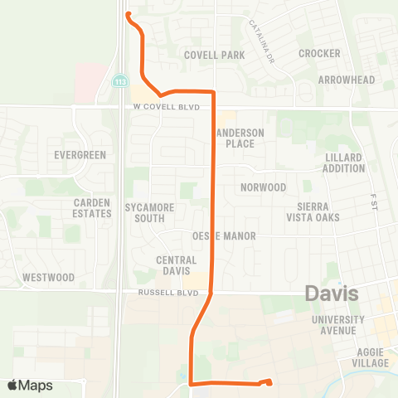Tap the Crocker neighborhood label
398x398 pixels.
pyautogui.click(x=319, y=53)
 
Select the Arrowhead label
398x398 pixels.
pyautogui.click(x=347, y=80)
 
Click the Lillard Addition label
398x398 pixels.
pyautogui.click(x=345, y=163)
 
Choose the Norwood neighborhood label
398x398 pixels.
pyautogui.click(x=263, y=187)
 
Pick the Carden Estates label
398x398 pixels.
pyautogui.click(x=92, y=208)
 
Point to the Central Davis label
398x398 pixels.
pyautogui.click(x=176, y=265)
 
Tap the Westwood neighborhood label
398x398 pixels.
pyautogui.click(x=49, y=277)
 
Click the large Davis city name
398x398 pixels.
pyautogui.click(x=332, y=294)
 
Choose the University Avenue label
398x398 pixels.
pyautogui.click(x=338, y=325)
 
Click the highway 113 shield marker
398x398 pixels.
pyautogui.click(x=121, y=81)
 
